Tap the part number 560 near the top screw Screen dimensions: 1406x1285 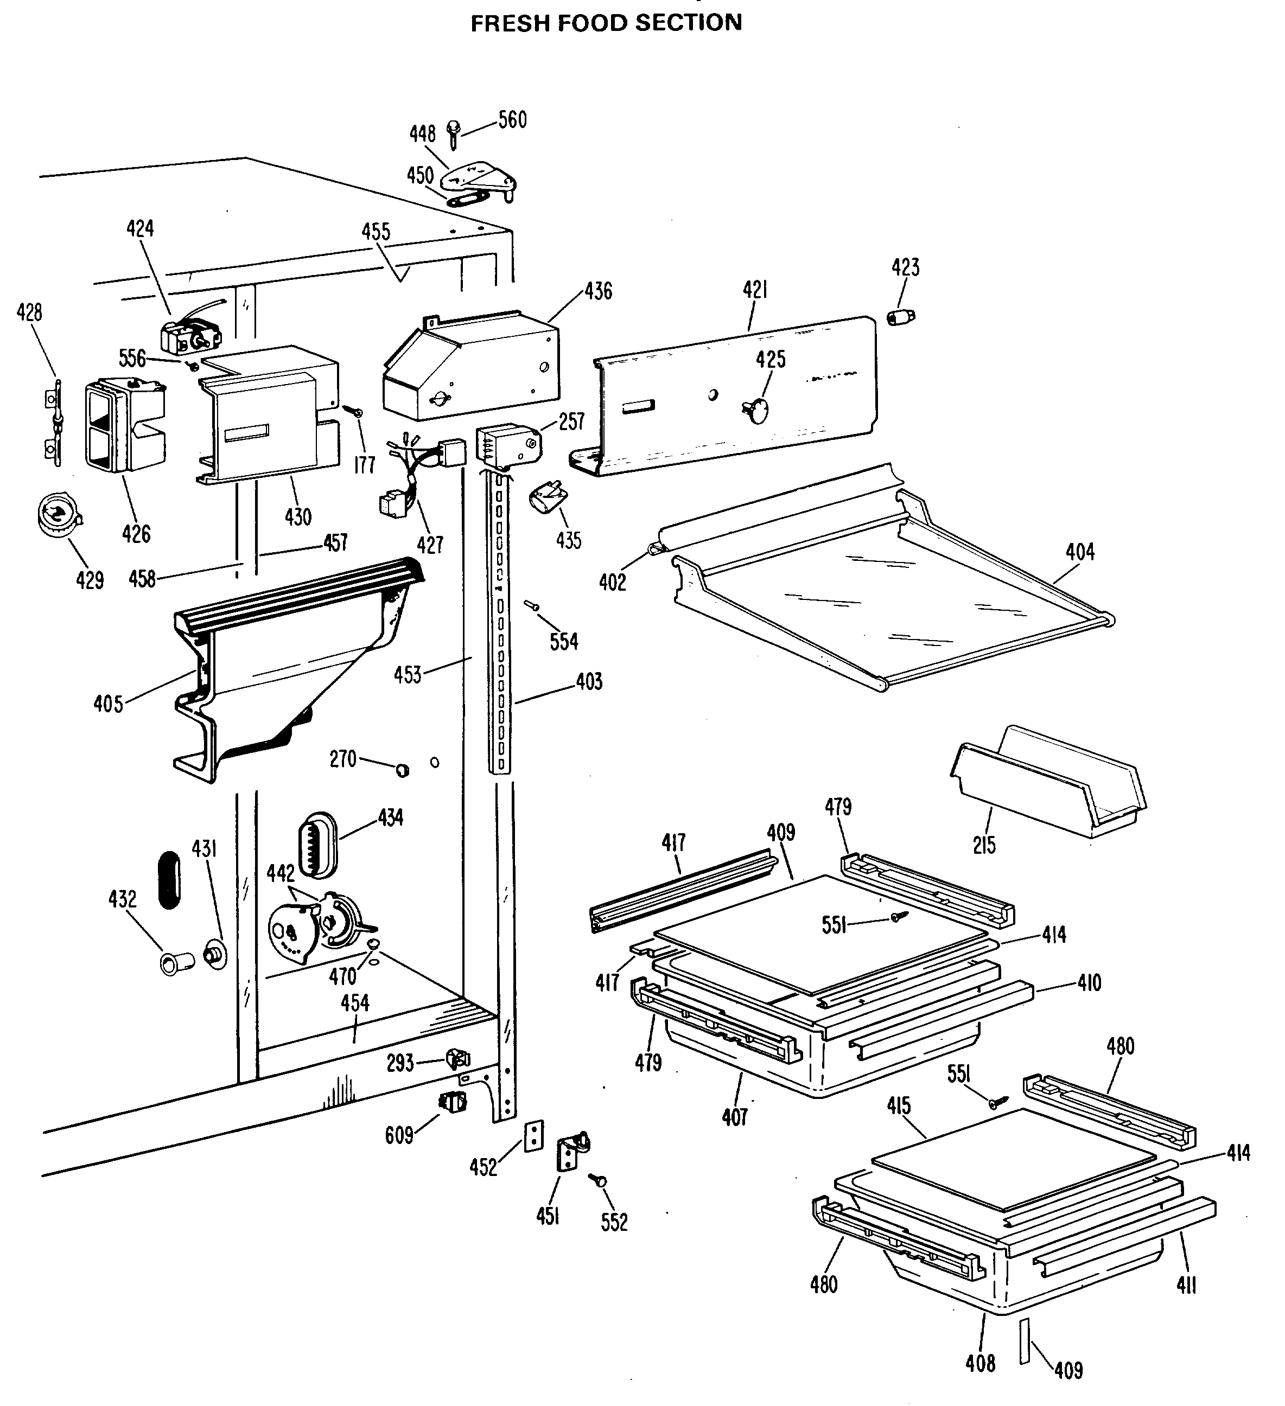(x=512, y=120)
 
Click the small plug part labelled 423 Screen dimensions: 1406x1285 (x=901, y=317)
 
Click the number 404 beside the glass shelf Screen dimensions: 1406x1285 (x=1080, y=552)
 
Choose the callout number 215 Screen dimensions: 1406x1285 (x=984, y=845)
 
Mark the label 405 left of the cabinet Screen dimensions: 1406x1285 (x=108, y=704)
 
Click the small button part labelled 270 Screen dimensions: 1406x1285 (x=402, y=770)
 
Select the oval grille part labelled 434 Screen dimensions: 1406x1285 (x=317, y=844)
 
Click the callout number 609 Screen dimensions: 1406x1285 (x=399, y=1135)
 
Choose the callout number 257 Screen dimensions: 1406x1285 (x=572, y=421)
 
